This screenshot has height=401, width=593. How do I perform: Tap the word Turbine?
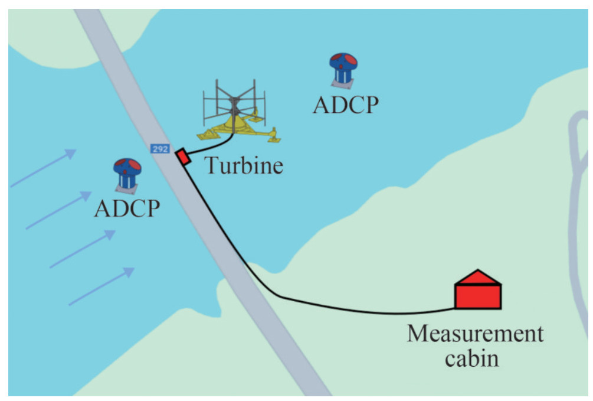pos(244,166)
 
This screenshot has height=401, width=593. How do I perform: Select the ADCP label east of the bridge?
pos(345,105)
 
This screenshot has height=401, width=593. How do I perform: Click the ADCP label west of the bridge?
pos(126,208)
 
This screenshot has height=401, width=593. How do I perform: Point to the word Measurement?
pos(475,334)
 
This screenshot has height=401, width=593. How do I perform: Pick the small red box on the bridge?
pos(183,157)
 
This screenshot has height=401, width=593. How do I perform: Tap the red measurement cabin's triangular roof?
pos(477,277)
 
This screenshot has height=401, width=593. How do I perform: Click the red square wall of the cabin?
pos(477,296)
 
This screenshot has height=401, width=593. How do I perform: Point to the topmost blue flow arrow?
pos(44,168)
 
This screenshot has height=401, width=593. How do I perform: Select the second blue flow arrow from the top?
pos(59,210)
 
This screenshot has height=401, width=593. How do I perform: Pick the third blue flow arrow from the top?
pos(83,249)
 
